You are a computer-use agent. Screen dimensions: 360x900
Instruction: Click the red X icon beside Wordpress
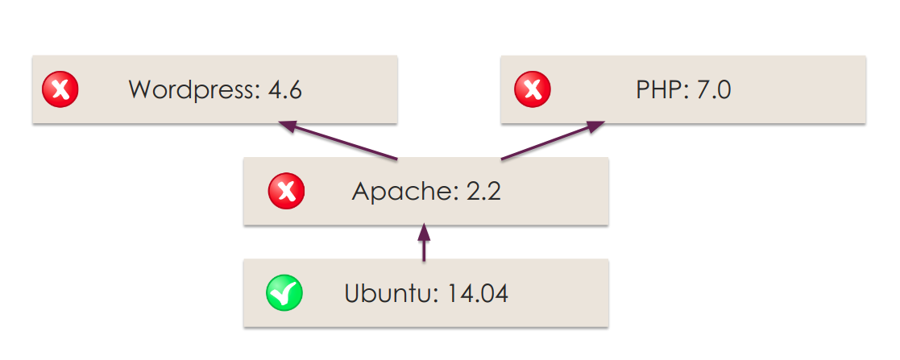tap(60, 89)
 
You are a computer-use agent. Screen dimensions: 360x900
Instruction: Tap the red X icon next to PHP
tap(533, 89)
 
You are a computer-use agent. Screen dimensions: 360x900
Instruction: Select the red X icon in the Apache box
tap(286, 192)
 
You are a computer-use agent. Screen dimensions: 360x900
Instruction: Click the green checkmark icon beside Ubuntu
tap(284, 293)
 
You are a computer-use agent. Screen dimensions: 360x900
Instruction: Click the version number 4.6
tap(285, 89)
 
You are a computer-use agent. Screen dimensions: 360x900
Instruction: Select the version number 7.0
tap(713, 89)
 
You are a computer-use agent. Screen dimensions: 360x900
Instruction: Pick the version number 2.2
tap(483, 192)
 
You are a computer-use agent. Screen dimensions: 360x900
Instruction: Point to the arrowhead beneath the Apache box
tap(424, 233)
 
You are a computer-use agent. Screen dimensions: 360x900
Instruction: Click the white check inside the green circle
tap(285, 292)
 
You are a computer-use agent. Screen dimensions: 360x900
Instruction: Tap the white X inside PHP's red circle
tap(533, 89)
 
